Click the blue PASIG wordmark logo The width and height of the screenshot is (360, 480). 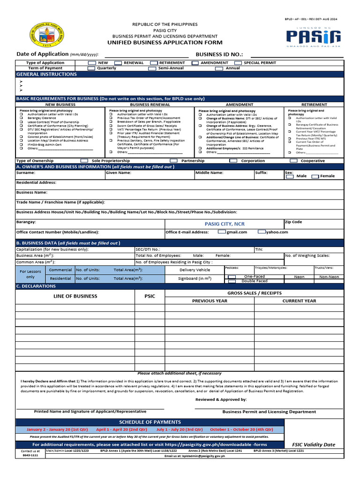pyautogui.click(x=314, y=36)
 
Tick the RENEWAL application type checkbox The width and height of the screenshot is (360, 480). pyautogui.click(x=119, y=63)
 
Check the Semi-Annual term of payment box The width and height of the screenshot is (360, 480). pyautogui.click(x=152, y=68)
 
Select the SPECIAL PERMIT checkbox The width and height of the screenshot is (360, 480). pyautogui.click(x=238, y=63)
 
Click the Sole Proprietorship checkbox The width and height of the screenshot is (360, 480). pyautogui.click(x=84, y=161)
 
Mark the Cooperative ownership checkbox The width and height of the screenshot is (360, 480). pyautogui.click(x=293, y=161)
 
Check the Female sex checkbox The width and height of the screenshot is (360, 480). pyautogui.click(x=315, y=176)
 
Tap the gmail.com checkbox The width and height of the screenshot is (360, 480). pyautogui.click(x=222, y=232)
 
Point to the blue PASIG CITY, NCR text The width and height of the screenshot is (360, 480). pyautogui.click(x=225, y=224)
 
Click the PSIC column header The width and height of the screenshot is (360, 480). pyautogui.click(x=150, y=296)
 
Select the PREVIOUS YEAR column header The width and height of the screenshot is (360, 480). pyautogui.click(x=210, y=301)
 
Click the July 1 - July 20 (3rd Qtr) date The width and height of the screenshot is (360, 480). pyautogui.click(x=177, y=429)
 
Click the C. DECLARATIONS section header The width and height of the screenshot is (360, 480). pyautogui.click(x=36, y=286)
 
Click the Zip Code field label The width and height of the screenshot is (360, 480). pyautogui.click(x=293, y=222)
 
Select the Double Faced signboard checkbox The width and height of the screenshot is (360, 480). pyautogui.click(x=232, y=281)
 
